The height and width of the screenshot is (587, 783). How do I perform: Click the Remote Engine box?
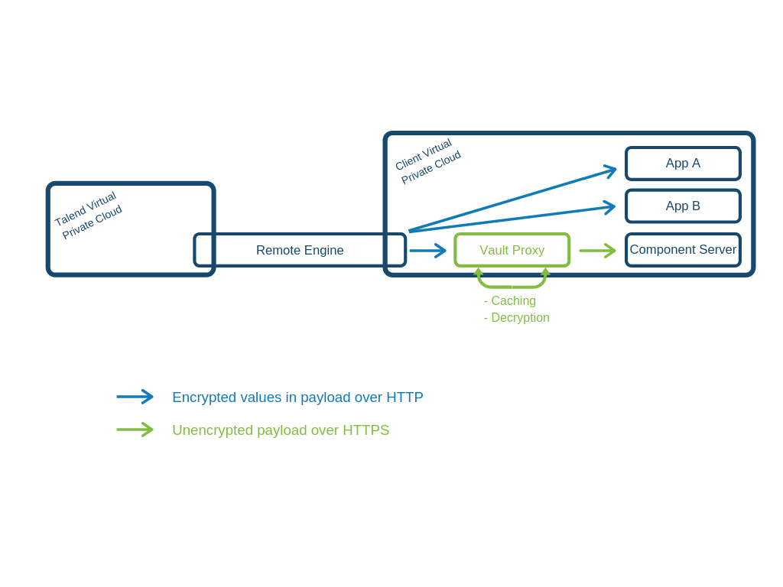tap(300, 250)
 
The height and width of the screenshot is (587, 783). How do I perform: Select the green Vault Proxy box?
tap(512, 250)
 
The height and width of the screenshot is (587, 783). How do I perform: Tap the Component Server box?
tap(683, 250)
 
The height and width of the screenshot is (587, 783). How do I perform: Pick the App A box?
tap(683, 163)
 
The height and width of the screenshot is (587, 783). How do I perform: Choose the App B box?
tap(683, 206)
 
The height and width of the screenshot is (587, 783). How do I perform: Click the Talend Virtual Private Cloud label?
tap(89, 215)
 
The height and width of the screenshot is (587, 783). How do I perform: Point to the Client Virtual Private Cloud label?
tap(427, 161)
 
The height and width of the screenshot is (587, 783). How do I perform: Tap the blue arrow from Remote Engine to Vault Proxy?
tap(427, 250)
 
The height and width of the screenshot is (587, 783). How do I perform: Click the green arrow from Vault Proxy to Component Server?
tap(597, 250)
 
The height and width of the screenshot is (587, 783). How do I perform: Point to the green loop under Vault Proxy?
tap(512, 285)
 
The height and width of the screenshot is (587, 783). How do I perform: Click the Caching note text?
tap(510, 301)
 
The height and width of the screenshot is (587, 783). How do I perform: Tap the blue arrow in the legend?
tap(135, 397)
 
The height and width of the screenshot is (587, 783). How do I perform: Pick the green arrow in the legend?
tap(135, 430)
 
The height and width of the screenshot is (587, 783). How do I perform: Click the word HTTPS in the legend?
tap(366, 430)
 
